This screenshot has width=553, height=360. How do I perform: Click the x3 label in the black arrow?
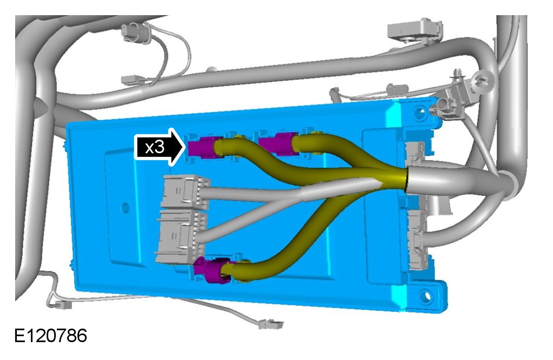click(x=154, y=147)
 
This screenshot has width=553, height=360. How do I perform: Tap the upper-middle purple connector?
click(x=278, y=143)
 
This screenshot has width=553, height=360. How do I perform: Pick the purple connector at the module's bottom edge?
click(x=212, y=270)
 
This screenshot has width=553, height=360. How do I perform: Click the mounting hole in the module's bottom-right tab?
click(x=426, y=295)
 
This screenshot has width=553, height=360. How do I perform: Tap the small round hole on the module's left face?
click(x=125, y=207)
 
